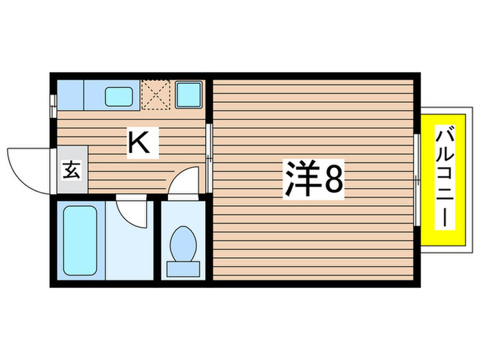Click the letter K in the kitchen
point(137,142)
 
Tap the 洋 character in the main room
point(299,180)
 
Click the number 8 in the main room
point(333,180)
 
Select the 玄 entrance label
point(71,169)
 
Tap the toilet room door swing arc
point(182,184)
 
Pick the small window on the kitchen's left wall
point(53,103)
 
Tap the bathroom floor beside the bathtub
point(130,250)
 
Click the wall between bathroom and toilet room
point(158,240)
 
